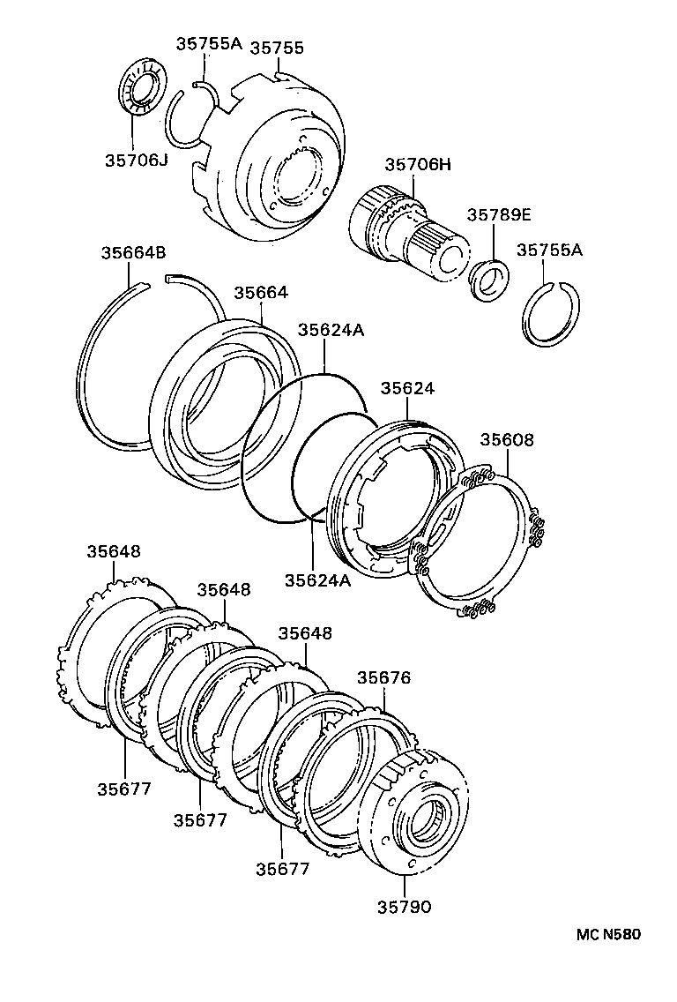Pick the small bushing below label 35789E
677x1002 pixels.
487,279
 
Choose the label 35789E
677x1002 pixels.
500,214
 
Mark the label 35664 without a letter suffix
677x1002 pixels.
261,292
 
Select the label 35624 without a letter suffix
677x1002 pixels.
407,388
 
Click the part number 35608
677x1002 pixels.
507,439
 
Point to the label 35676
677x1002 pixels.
383,677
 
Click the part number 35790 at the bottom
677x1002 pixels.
405,906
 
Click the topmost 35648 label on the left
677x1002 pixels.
113,551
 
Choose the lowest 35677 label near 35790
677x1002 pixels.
283,868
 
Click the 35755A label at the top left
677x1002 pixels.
208,42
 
